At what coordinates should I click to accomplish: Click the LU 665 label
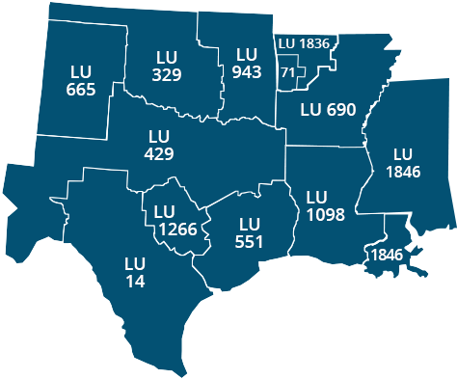pyautogui.click(x=81, y=81)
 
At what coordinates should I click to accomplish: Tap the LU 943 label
pyautogui.click(x=247, y=63)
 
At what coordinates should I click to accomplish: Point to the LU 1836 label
pyautogui.click(x=303, y=43)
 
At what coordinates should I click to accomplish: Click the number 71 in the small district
pyautogui.click(x=287, y=73)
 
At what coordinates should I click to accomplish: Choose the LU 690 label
pyautogui.click(x=328, y=109)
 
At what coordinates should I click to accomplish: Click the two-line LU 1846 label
pyautogui.click(x=402, y=163)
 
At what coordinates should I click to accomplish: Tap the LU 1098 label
pyautogui.click(x=325, y=205)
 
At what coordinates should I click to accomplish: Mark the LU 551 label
pyautogui.click(x=250, y=232)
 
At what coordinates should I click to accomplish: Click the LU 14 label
pyautogui.click(x=135, y=272)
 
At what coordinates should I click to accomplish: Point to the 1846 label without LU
pyautogui.click(x=386, y=255)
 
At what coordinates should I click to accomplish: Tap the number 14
pyautogui.click(x=135, y=281)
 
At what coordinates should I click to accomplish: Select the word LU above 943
pyautogui.click(x=247, y=54)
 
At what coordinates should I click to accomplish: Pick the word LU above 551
pyautogui.click(x=250, y=224)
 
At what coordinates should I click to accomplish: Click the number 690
pyautogui.click(x=339, y=109)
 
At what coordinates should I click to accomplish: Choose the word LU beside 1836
pyautogui.click(x=286, y=43)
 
